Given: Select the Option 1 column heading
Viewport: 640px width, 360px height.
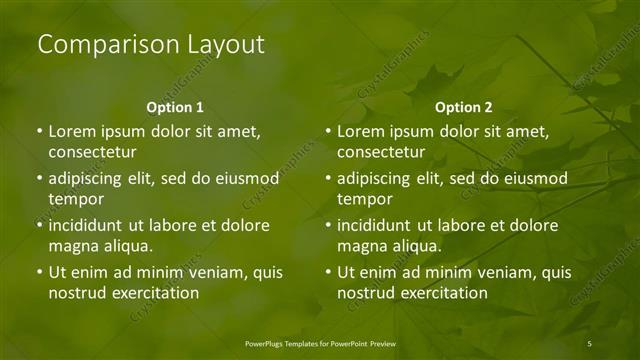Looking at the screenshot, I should pos(175,107).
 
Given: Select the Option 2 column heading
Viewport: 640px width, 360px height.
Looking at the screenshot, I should pos(464,107).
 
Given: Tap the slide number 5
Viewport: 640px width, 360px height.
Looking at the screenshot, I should pos(590,343).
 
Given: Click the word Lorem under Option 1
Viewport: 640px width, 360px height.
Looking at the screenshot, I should pos(72,132).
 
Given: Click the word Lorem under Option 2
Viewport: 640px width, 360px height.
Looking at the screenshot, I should pos(361,132).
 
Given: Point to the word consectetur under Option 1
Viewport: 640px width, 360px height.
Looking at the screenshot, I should pos(92,153).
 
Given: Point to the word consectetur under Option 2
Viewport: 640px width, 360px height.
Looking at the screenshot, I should pos(381,153).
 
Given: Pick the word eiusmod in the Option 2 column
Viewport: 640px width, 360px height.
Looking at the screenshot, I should pos(535,180).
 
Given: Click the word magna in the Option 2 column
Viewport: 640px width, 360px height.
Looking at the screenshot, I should pos(362,246).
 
